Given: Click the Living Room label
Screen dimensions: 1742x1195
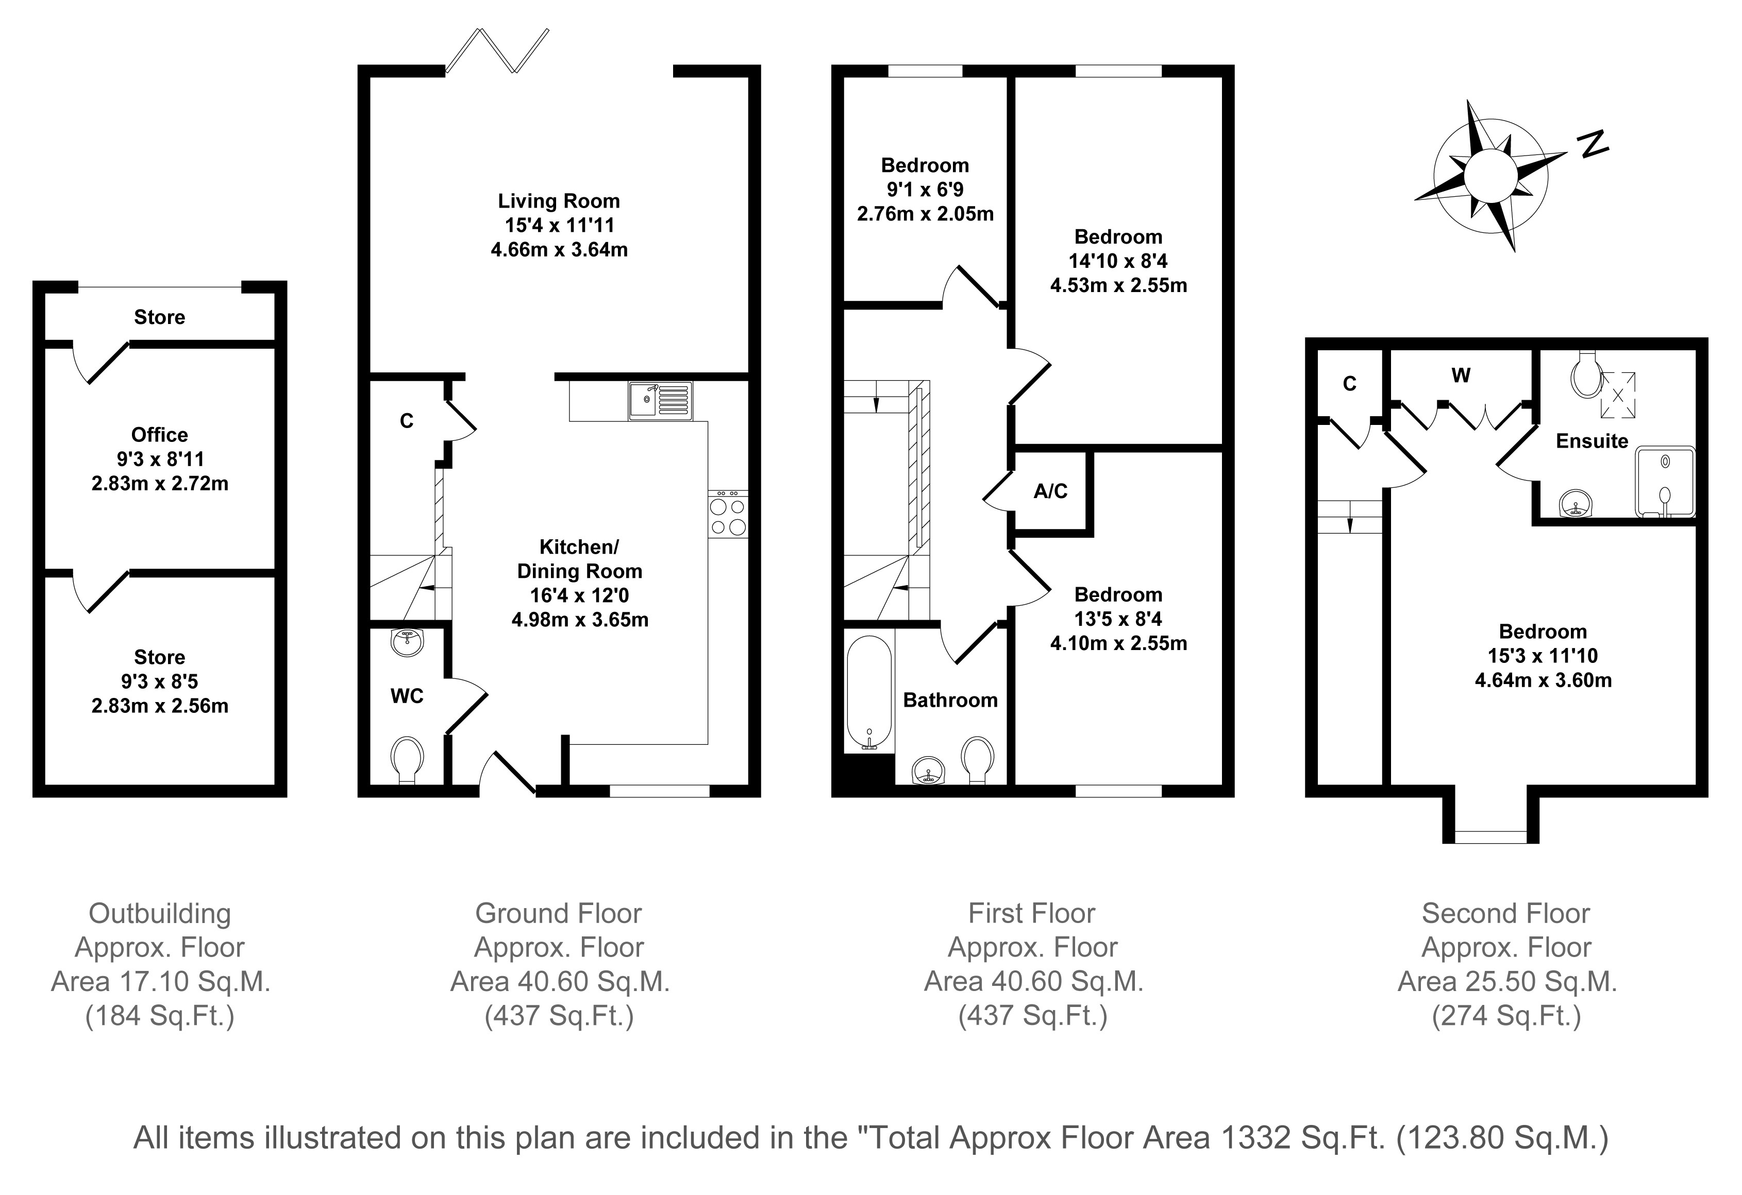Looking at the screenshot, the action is point(559,201).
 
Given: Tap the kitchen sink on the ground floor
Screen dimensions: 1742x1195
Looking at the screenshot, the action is point(660,401).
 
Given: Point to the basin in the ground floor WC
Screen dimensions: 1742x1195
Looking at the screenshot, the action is point(407,641).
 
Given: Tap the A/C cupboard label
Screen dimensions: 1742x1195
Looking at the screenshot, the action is point(1050,491).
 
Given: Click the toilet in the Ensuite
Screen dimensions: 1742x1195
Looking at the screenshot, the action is point(1583,374).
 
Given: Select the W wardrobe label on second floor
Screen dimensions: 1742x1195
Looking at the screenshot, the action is point(1461,375).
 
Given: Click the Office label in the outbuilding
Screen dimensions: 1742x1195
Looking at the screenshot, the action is point(160,435).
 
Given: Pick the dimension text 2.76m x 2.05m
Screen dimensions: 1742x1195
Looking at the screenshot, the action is point(925,214).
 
